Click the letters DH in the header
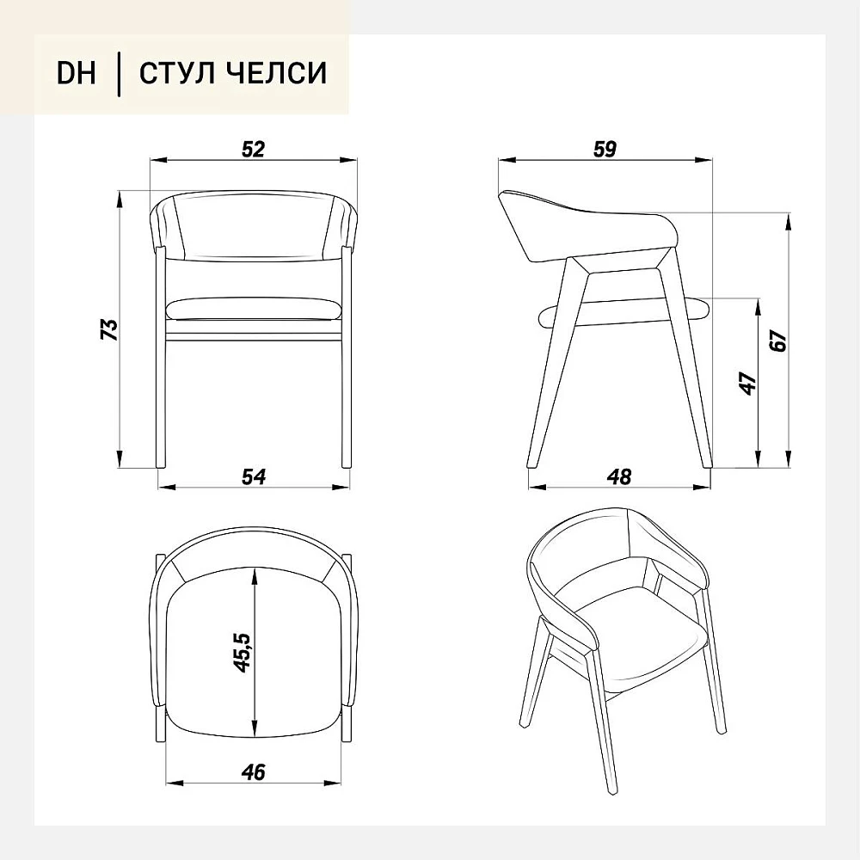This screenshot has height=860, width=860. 77,72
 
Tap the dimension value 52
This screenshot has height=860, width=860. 253,149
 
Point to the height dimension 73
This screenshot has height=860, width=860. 110,329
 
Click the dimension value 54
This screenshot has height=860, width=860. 254,476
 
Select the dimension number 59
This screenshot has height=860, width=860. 605,149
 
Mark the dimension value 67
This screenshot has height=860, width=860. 777,341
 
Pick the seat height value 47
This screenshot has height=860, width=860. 748,384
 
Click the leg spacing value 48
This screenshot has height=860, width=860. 619,476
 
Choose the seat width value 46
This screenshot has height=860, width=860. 253,772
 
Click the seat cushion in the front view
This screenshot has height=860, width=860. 253,310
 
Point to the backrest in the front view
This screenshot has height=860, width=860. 254,226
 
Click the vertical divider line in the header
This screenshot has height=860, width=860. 119,73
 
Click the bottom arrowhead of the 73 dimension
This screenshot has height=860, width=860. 119,458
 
